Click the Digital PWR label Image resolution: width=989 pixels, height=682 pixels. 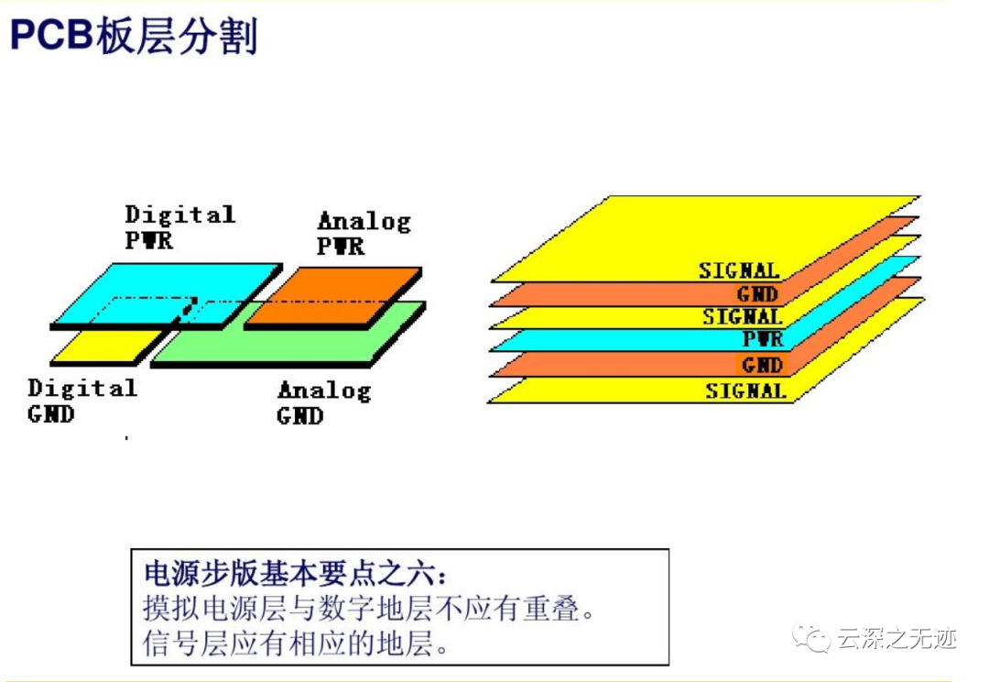click(180, 227)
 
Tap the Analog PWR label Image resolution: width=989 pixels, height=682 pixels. click(364, 233)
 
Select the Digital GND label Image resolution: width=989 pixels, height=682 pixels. click(82, 401)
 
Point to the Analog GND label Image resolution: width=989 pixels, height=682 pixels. click(324, 403)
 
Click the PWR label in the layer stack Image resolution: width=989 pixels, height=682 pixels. click(763, 339)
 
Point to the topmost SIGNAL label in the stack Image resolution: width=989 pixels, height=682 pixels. click(739, 271)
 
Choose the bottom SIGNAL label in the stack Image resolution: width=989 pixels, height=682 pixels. click(746, 391)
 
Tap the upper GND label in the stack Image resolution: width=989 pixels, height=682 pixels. click(757, 293)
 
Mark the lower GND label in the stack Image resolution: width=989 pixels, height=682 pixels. click(763, 364)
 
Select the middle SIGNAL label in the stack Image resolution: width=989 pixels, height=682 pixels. click(743, 316)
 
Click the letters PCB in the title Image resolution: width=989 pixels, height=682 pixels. click(52, 35)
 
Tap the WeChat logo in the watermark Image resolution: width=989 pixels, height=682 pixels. click(811, 638)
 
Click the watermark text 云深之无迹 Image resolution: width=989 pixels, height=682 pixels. click(897, 638)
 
